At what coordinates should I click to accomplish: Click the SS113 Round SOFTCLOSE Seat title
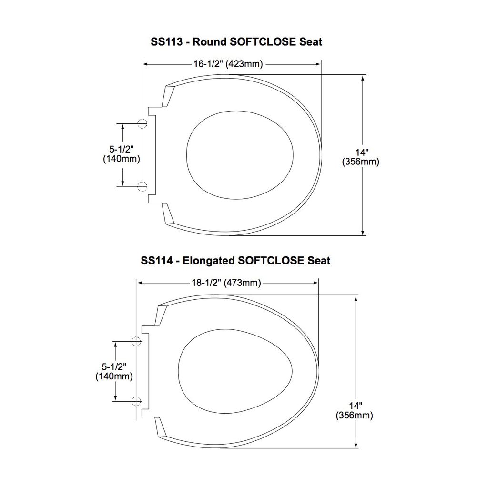coord(236,42)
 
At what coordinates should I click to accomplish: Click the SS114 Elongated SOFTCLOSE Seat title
coord(235,261)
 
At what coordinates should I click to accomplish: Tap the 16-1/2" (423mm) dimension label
coord(228,64)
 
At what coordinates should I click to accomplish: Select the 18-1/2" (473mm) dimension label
coord(226,283)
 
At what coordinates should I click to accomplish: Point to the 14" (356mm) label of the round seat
coord(361,157)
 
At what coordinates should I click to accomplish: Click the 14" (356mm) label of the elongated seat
coord(354,410)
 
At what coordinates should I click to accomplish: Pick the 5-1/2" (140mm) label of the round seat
coord(122,154)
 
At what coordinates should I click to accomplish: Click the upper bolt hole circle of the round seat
coord(142,123)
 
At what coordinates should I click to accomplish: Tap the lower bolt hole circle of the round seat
coord(142,186)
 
